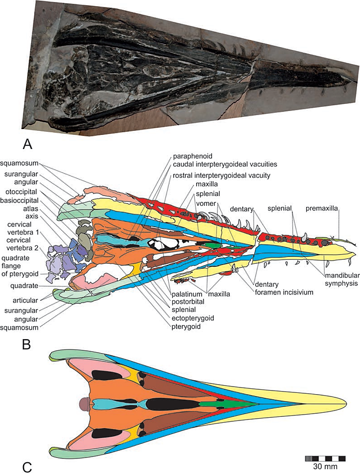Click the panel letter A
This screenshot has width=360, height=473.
27,144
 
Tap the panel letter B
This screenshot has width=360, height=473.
27,344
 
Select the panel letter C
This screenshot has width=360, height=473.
27,466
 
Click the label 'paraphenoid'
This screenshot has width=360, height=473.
192,156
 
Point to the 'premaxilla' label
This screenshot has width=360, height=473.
321,209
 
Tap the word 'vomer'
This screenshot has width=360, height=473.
206,203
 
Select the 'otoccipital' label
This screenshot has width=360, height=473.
21,192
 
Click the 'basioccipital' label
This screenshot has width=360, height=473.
19,200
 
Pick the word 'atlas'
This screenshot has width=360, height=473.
30,209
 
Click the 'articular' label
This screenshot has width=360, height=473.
25,300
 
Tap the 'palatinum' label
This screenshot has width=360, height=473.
187,294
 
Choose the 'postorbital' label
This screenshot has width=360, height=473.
188,302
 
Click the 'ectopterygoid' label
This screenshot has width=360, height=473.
193,318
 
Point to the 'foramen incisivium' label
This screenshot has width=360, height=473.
284,292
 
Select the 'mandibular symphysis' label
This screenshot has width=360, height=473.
342,279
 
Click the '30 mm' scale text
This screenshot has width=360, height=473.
325,466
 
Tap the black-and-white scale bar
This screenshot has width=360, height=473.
325,459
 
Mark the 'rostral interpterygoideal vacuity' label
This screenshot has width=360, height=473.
221,176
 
